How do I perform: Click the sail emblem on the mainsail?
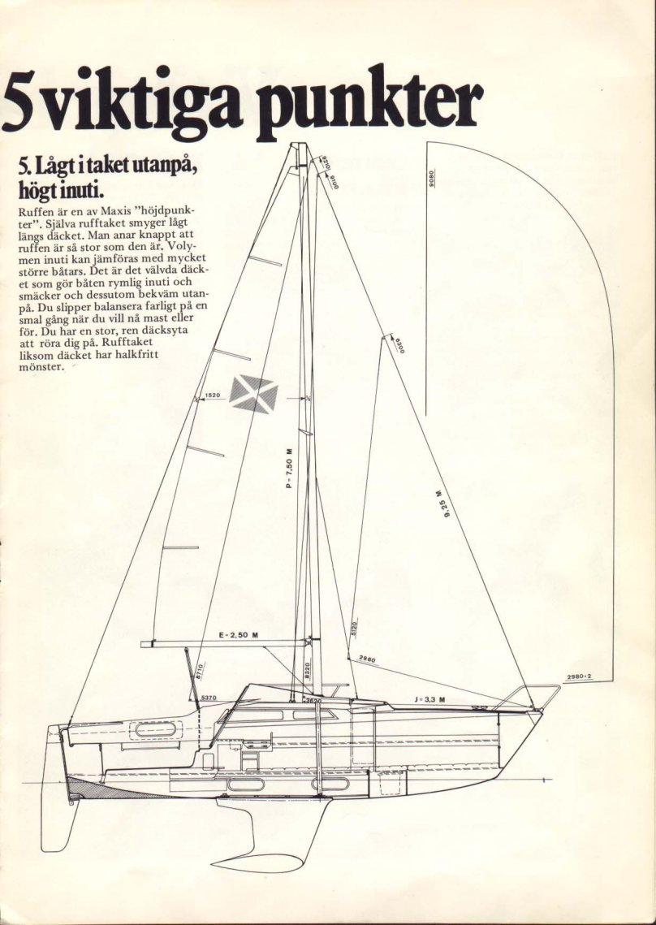(x=253, y=395)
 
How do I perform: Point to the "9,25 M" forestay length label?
(x=441, y=505)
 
